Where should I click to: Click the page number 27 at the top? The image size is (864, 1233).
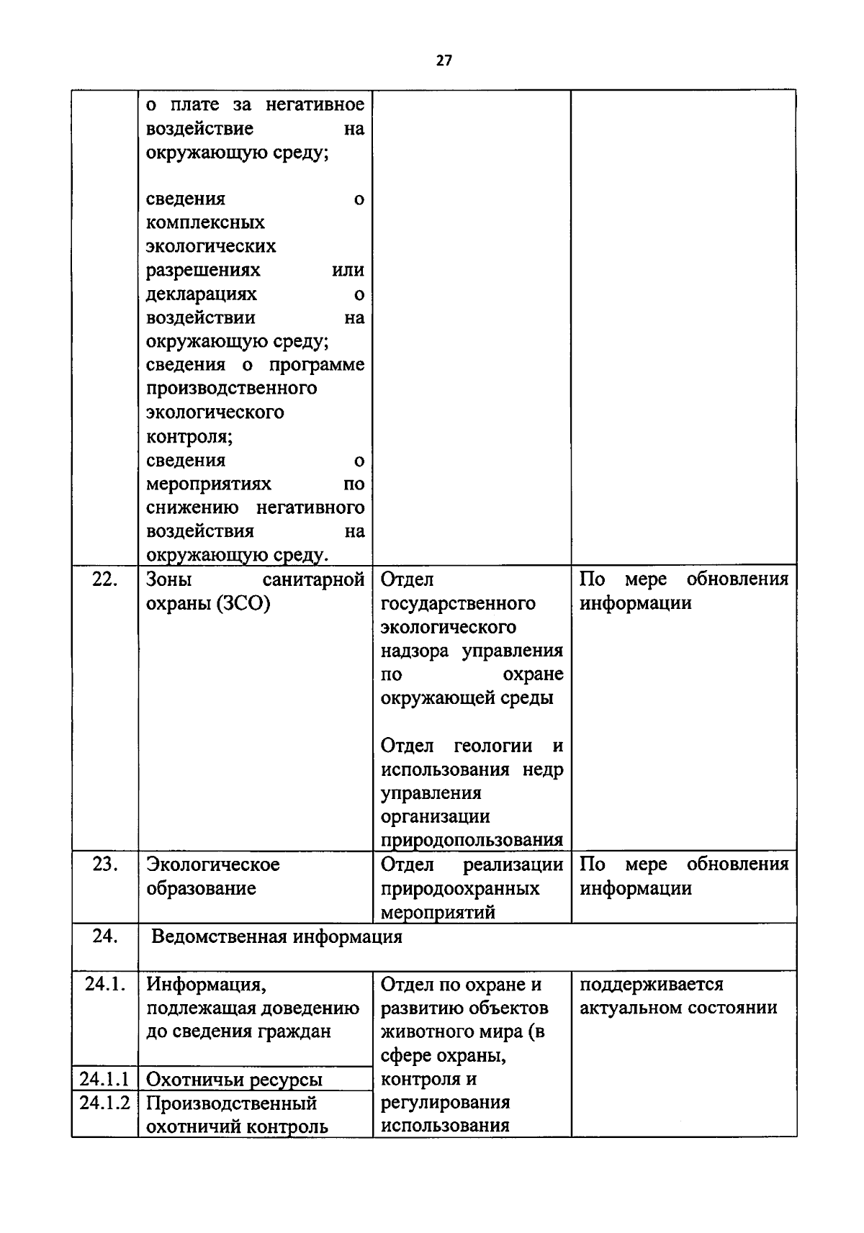444,61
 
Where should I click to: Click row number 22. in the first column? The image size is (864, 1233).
104,579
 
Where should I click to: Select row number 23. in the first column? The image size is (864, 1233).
104,864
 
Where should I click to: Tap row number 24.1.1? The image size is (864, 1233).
104,1079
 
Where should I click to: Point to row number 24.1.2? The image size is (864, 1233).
104,1103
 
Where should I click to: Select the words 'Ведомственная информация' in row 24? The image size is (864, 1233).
277,937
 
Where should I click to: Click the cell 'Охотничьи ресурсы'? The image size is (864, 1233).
234,1080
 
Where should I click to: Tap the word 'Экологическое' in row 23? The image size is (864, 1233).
213,864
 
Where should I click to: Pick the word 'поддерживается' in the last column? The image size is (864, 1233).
652,984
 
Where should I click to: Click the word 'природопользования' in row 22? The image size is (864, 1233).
472,840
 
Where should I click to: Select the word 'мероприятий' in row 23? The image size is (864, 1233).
438,912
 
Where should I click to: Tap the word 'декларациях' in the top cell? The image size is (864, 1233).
202,294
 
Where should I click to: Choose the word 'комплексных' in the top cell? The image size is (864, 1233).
205,222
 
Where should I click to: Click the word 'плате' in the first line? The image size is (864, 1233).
194,105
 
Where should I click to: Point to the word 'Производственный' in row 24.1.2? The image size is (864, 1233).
232,1103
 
